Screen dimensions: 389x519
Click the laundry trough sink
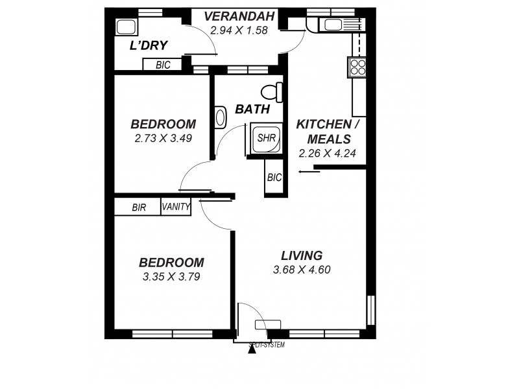coord(125,27)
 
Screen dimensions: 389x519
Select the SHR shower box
coord(265,138)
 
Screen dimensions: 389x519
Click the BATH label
coord(252,110)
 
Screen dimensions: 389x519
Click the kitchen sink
coord(335,25)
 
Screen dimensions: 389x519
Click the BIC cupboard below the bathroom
coord(274,178)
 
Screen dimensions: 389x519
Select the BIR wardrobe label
coord(138,207)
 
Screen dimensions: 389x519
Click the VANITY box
coord(176,207)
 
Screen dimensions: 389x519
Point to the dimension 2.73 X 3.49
coord(163,138)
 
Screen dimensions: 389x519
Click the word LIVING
coord(302,255)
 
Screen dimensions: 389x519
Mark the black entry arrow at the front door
coord(252,351)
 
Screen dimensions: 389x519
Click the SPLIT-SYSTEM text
coord(267,345)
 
